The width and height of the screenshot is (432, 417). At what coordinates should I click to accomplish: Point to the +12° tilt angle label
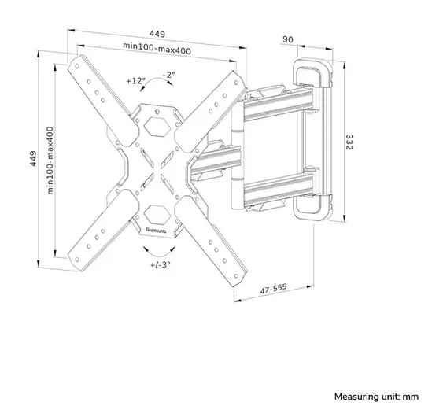point(135,80)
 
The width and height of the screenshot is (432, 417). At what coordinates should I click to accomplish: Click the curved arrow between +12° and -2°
point(154,88)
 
